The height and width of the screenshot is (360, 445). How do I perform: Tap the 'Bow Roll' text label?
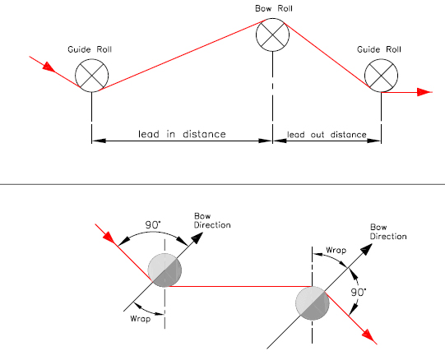tap(274, 8)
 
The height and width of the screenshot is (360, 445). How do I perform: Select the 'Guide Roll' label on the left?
tap(90, 49)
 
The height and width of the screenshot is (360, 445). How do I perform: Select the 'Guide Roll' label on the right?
tap(379, 49)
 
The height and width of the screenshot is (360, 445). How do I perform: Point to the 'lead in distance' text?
tap(182, 134)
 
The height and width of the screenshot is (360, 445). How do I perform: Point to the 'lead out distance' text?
tap(327, 135)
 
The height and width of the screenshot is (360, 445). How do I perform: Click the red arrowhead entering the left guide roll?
tap(49, 67)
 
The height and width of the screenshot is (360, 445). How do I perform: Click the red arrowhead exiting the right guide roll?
tap(424, 92)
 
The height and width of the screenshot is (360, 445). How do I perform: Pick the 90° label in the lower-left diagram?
tap(153, 225)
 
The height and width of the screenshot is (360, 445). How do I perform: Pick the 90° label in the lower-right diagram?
tap(359, 293)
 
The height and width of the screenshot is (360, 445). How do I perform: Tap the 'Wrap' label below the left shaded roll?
tap(140, 319)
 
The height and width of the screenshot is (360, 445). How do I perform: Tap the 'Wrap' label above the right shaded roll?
tap(336, 250)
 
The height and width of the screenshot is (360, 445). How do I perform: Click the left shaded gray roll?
tap(165, 270)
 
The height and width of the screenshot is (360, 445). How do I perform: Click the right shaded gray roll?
tap(313, 303)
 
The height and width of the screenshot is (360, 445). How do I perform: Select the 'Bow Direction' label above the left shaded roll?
tap(212, 221)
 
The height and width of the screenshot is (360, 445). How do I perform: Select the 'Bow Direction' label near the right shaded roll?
tap(388, 232)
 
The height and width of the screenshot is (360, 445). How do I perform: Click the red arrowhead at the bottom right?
tap(369, 337)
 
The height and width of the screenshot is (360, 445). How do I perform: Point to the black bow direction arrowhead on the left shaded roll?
tap(197, 238)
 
